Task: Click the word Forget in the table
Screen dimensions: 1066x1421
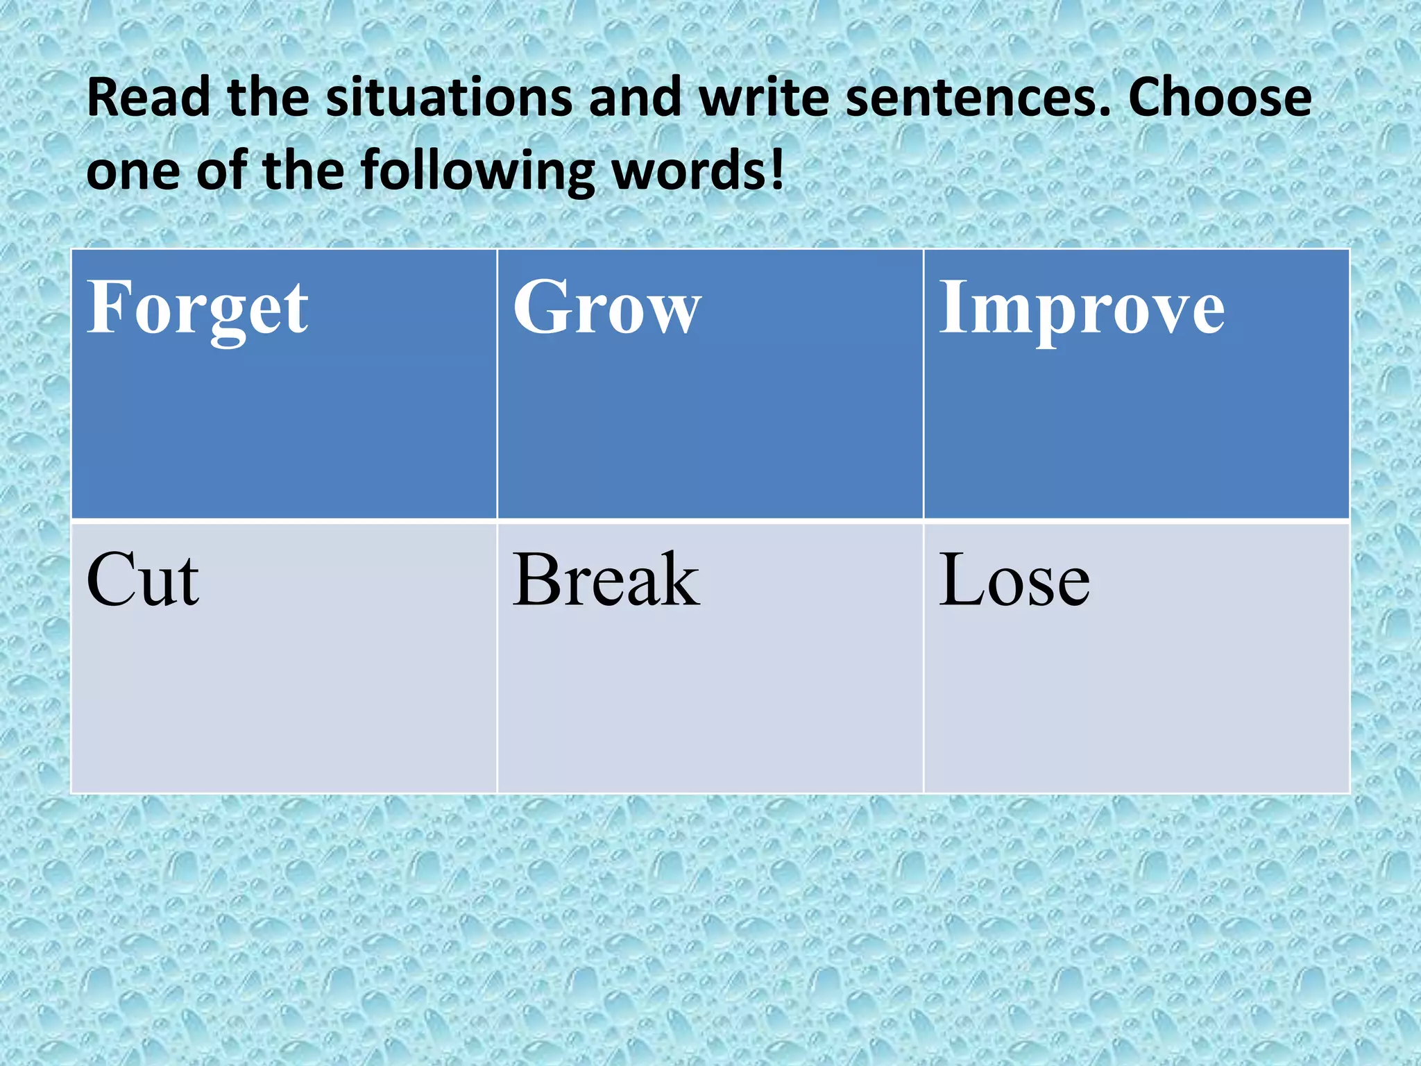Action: (197, 309)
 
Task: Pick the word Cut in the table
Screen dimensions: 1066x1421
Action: (142, 580)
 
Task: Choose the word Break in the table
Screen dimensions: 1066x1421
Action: (606, 580)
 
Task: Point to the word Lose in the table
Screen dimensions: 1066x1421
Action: (1014, 580)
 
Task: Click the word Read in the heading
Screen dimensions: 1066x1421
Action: (148, 97)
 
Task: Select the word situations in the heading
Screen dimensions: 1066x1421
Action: (449, 97)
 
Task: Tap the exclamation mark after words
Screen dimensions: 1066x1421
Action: (777, 169)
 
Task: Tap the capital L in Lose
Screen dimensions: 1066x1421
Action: (961, 579)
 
